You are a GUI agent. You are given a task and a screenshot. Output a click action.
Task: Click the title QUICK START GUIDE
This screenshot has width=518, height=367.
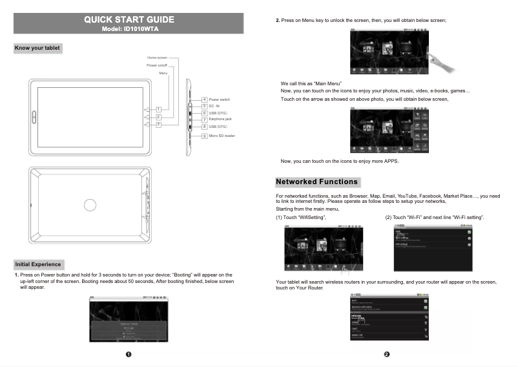pyautogui.click(x=129, y=19)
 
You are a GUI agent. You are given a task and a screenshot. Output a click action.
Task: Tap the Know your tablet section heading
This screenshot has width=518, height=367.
pyautogui.click(x=37, y=48)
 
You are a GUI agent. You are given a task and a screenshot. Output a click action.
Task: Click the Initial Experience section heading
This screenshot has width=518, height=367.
pyautogui.click(x=38, y=264)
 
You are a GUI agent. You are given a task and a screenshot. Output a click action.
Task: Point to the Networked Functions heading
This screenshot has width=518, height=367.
pyautogui.click(x=316, y=182)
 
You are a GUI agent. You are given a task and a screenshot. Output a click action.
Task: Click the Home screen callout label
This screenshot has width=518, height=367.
pyautogui.click(x=157, y=58)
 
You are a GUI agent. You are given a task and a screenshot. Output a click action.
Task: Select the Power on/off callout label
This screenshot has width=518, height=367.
pyautogui.click(x=157, y=65)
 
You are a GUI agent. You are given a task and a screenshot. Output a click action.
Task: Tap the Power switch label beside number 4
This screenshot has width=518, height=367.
pyautogui.click(x=220, y=100)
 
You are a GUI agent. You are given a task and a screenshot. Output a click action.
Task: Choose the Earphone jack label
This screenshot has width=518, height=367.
pyautogui.click(x=220, y=120)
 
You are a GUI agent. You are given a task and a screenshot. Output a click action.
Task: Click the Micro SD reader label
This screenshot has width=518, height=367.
pyautogui.click(x=222, y=136)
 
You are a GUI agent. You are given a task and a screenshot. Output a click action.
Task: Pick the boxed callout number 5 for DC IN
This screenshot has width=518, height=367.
pyautogui.click(x=204, y=106)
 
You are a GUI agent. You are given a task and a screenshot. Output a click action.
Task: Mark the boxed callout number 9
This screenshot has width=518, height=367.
pyautogui.click(x=204, y=136)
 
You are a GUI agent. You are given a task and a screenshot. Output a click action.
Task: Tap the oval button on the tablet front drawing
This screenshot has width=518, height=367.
pyautogui.click(x=33, y=116)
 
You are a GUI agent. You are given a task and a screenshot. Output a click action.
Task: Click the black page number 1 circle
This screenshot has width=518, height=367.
pyautogui.click(x=129, y=355)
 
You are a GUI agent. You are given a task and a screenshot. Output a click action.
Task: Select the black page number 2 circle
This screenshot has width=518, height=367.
pyautogui.click(x=386, y=355)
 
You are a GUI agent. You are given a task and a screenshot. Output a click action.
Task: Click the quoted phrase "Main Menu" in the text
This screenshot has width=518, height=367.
pyautogui.click(x=327, y=84)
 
